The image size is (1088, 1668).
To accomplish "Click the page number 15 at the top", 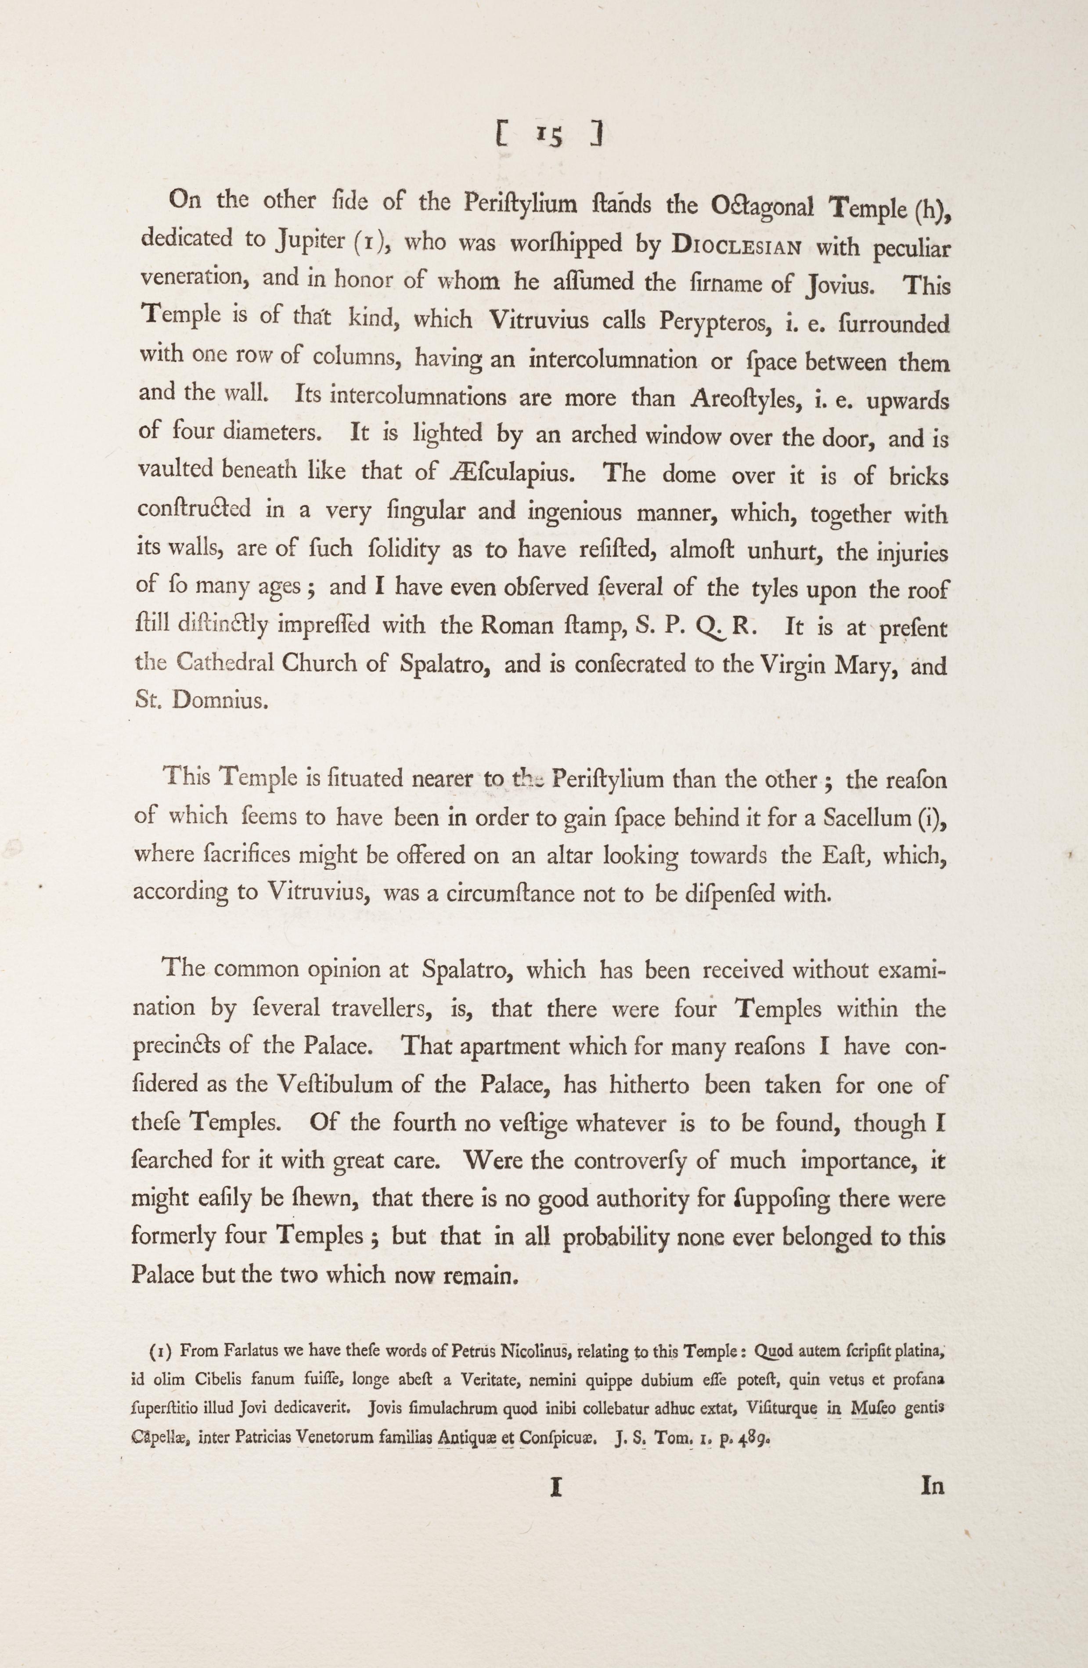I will click(x=551, y=136).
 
